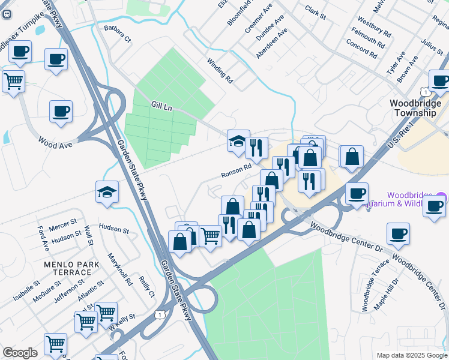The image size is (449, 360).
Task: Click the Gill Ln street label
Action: tap(161, 106)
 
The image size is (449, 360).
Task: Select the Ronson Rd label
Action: tap(236, 172)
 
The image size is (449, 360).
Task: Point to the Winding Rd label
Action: tap(220, 70)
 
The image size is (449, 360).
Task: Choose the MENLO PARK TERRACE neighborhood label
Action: tap(68, 268)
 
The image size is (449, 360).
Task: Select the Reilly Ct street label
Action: tap(146, 285)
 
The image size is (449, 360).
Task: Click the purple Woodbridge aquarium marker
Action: tap(442, 197)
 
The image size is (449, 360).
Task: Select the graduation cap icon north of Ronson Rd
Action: tap(238, 142)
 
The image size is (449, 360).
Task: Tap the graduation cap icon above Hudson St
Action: tap(107, 192)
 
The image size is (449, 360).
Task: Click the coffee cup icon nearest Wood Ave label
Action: tap(61, 110)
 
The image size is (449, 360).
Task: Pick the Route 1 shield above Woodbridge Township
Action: tap(425, 92)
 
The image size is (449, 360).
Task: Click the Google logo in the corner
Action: tap(20, 353)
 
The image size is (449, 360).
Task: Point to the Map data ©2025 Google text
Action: tap(411, 355)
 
